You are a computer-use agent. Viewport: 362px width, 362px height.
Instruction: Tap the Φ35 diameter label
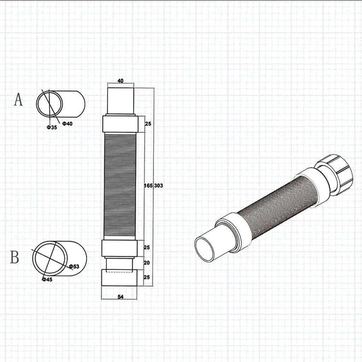[x=52, y=127]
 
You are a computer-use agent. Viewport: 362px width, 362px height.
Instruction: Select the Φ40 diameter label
[x=67, y=123]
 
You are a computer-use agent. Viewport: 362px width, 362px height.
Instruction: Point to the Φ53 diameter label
[x=74, y=266]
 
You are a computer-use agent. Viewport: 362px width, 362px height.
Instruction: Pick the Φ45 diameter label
[x=47, y=279]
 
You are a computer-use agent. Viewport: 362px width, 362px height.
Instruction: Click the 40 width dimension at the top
[x=120, y=81]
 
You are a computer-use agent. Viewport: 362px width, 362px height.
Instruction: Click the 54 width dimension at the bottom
[x=120, y=297]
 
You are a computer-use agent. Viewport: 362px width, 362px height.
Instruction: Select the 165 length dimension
[x=148, y=185]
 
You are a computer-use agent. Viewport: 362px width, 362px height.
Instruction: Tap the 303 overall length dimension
[x=159, y=185]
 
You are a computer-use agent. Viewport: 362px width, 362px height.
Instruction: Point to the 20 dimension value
[x=147, y=263]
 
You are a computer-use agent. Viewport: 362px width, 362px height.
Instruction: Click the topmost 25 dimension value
[x=148, y=123]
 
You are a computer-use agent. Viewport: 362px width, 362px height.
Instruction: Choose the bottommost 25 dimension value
[x=147, y=278]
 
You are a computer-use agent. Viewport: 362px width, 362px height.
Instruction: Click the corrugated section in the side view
[x=120, y=186]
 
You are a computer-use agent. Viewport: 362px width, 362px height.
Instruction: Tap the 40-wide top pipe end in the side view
[x=120, y=100]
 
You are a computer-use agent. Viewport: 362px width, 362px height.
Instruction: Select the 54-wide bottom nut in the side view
[x=119, y=278]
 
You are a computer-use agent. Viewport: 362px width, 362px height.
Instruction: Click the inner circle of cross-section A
[x=49, y=104]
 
